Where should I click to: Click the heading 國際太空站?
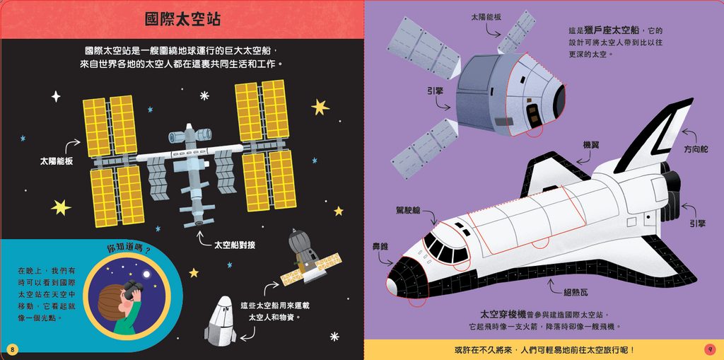click(x=182, y=19)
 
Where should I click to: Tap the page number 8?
click(x=12, y=349)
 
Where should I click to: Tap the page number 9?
click(x=710, y=349)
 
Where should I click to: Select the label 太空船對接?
click(x=234, y=245)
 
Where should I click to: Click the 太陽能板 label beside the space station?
click(x=57, y=161)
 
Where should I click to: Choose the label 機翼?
click(x=591, y=144)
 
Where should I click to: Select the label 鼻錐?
click(x=380, y=246)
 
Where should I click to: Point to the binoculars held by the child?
click(x=132, y=289)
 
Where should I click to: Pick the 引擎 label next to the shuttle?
click(x=696, y=223)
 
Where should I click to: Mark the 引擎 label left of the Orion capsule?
click(x=435, y=91)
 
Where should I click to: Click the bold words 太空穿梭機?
click(x=502, y=314)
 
